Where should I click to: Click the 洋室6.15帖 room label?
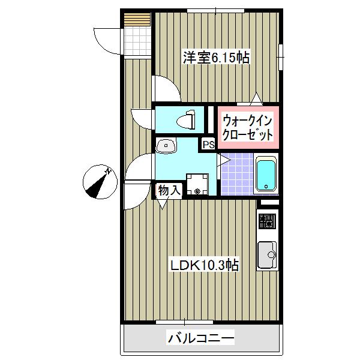click(x=215, y=58)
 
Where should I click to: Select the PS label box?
click(x=208, y=145)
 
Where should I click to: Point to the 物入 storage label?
click(x=169, y=191)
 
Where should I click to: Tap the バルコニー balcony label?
click(x=200, y=338)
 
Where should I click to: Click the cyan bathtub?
click(x=266, y=175)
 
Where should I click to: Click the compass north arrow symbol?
click(x=98, y=182)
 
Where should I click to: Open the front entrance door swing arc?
click(x=108, y=40)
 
